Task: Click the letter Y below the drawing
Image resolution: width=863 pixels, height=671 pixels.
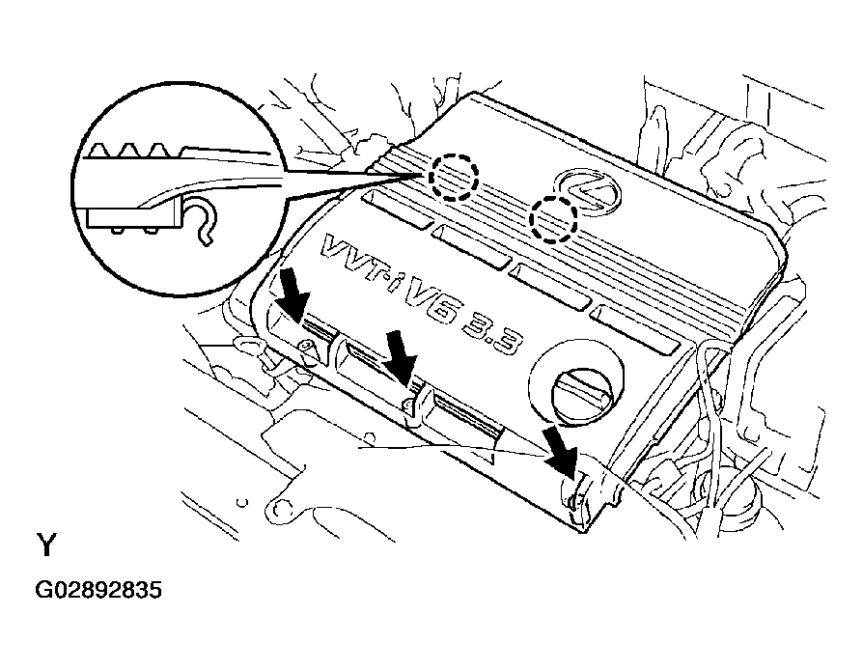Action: click(46, 545)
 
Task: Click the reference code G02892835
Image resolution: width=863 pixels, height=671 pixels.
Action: click(98, 590)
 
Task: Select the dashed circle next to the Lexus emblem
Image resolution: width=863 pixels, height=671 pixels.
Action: click(552, 219)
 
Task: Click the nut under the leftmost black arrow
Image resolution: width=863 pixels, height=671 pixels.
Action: click(307, 348)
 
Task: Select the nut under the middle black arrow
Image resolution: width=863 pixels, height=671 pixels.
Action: click(408, 405)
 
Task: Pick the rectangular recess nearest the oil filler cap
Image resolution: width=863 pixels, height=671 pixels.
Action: click(634, 330)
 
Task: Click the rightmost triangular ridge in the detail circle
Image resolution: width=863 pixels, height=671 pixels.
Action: click(160, 151)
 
